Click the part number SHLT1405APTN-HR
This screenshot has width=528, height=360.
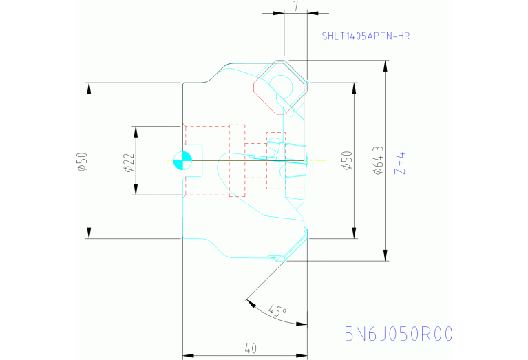click(x=366, y=36)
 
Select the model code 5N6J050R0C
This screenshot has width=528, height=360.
click(x=399, y=334)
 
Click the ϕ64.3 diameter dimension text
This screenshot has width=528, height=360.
click(x=377, y=161)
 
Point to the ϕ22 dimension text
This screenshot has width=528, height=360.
click(x=127, y=161)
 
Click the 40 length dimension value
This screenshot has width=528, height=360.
click(x=251, y=349)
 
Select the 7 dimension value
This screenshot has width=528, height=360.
click(x=295, y=6)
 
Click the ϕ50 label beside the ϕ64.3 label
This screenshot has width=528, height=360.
click(x=346, y=161)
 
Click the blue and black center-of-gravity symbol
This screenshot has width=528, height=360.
click(x=181, y=160)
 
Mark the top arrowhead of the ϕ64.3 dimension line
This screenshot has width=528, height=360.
click(x=385, y=64)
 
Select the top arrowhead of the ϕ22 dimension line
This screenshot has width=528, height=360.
click(x=136, y=130)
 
